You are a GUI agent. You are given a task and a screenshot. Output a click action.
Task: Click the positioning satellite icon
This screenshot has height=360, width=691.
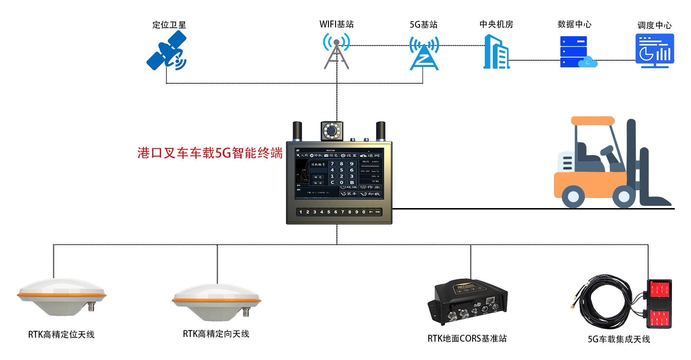click(x=167, y=51)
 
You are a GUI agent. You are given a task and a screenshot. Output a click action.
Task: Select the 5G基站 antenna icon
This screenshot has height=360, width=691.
click(x=424, y=54)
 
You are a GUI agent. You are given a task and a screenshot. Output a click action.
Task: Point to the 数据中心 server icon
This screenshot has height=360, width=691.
click(x=575, y=51)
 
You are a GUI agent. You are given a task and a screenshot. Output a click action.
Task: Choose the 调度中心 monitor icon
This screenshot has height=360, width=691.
click(x=654, y=51)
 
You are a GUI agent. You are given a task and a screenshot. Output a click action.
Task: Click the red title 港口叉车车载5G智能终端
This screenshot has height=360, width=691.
click(x=210, y=153)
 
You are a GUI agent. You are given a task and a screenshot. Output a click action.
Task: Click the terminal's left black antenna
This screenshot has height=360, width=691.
click(x=297, y=131)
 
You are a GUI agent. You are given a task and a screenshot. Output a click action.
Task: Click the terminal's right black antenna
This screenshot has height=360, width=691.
click(x=380, y=131)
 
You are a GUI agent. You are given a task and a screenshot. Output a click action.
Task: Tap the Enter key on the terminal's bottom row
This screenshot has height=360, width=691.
click(x=378, y=212)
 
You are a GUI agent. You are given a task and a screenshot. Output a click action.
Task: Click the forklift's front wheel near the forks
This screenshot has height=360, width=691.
click(x=624, y=197)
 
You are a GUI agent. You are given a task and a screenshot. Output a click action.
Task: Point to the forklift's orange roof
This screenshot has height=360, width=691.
click(x=592, y=121)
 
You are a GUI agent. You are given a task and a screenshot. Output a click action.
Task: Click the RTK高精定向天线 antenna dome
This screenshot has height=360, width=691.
click(x=216, y=301)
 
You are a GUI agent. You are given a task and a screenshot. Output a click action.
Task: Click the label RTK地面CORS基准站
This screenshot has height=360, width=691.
click(x=467, y=338)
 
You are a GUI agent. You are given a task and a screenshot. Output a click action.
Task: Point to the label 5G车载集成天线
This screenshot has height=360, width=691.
click(x=619, y=339)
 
